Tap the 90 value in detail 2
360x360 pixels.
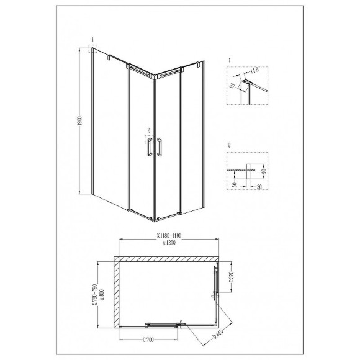(263, 171)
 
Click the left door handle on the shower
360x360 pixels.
(148, 148)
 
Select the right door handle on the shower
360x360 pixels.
(161, 148)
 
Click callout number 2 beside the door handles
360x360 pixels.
(149, 131)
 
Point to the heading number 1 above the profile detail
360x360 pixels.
(229, 60)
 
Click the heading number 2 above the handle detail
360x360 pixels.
(229, 145)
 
